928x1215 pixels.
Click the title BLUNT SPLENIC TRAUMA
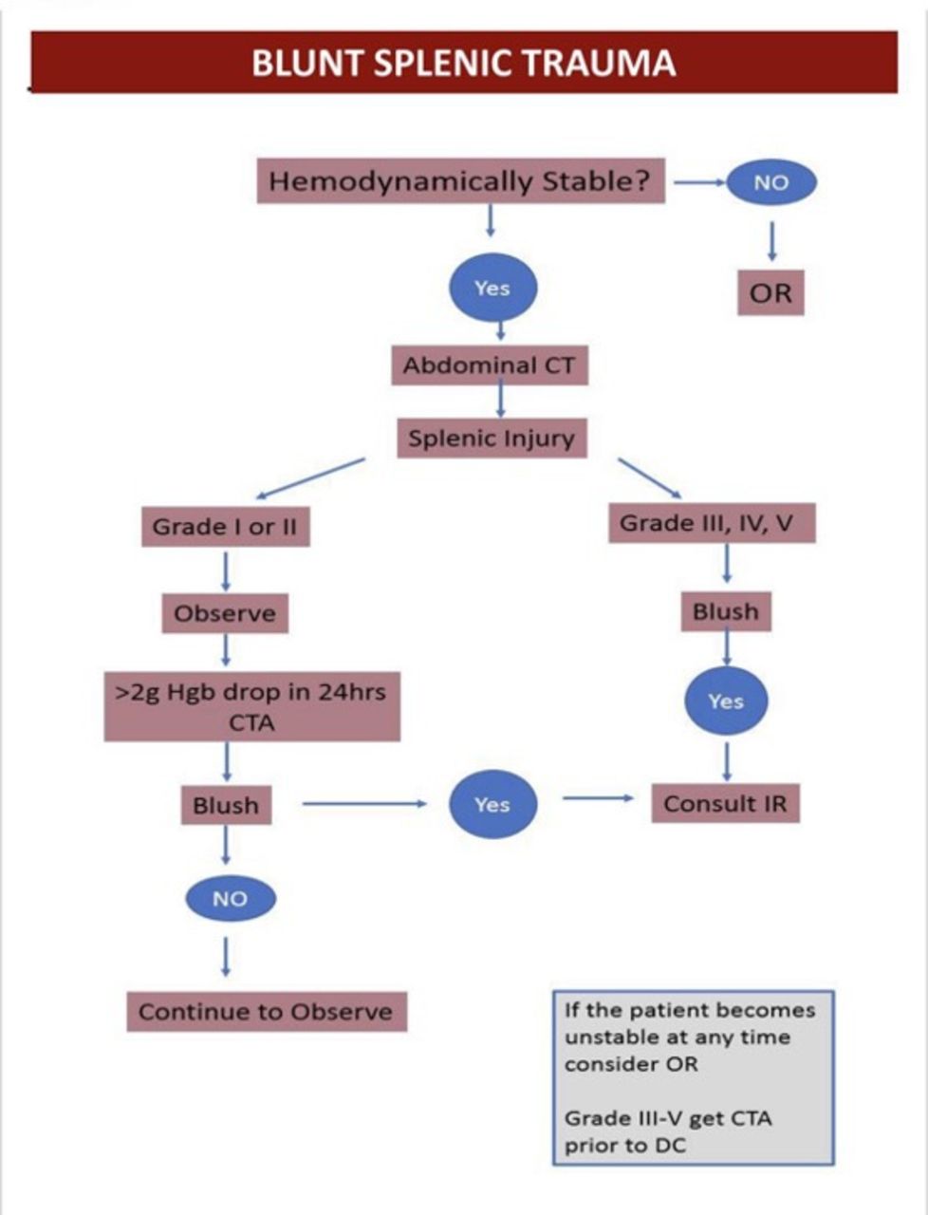[463, 63]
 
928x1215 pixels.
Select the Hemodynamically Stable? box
[460, 181]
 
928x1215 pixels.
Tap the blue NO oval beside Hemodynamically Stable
[770, 182]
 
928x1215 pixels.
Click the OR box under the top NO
[770, 293]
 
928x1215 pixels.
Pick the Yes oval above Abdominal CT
[492, 288]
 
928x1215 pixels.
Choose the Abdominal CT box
[490, 365]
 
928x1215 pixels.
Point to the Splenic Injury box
[492, 439]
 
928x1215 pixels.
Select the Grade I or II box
[225, 527]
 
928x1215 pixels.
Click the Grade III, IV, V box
[711, 523]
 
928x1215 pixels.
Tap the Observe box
[225, 613]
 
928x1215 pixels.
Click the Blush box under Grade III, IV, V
[726, 612]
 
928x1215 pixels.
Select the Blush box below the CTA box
[226, 806]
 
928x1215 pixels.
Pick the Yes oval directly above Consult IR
[726, 701]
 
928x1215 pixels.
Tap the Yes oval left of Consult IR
[492, 805]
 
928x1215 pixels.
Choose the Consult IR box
[725, 804]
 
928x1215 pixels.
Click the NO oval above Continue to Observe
[230, 899]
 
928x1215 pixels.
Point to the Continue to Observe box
[266, 1012]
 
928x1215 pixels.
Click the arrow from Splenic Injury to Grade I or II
[310, 478]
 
